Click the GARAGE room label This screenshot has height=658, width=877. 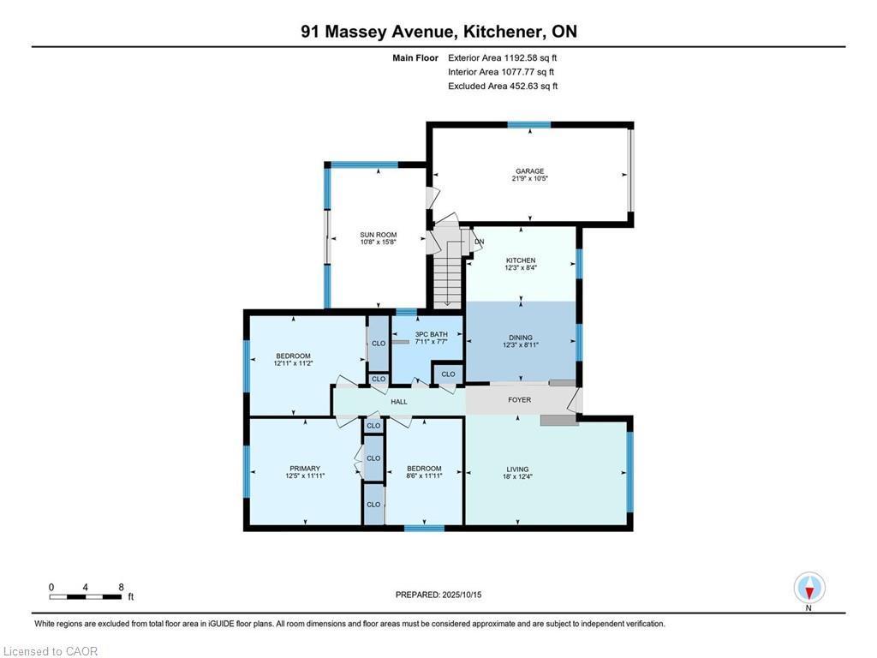click(529, 171)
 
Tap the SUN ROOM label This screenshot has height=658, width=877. click(378, 235)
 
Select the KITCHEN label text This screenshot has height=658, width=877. click(521, 260)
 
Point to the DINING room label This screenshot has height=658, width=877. click(520, 338)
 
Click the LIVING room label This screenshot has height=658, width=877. click(517, 470)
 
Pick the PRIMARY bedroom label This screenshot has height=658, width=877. click(305, 469)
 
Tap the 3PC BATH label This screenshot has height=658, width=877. click(432, 334)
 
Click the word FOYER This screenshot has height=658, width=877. click(520, 399)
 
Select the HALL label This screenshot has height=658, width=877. click(399, 401)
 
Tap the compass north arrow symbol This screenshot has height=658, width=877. click(809, 589)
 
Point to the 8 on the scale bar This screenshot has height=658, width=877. click(121, 587)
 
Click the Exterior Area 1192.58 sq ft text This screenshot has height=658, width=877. click(502, 57)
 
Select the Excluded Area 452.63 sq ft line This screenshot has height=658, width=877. click(503, 87)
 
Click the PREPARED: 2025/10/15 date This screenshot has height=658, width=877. click(438, 595)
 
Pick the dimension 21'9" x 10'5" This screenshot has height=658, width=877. click(529, 178)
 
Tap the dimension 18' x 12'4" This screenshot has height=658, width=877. click(517, 476)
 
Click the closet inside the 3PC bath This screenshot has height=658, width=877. click(448, 374)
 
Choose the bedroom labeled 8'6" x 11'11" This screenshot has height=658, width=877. click(424, 472)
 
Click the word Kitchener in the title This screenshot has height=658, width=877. click(500, 32)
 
